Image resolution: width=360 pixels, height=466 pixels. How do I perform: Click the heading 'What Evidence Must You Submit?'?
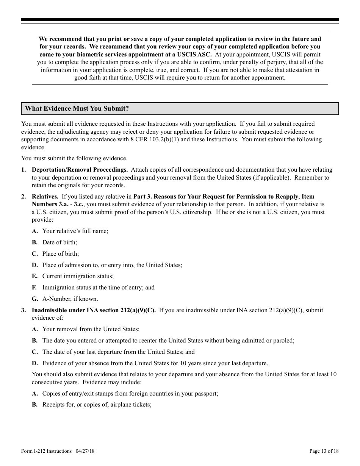point(77,109)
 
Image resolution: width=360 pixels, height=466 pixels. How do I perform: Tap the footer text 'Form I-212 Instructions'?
point(46,451)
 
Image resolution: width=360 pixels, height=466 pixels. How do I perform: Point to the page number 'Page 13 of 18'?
point(324,451)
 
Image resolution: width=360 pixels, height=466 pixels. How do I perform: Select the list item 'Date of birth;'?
point(59,242)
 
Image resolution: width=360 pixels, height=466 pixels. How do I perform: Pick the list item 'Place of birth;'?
point(61,254)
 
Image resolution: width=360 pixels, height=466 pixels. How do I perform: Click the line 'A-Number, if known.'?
point(70,299)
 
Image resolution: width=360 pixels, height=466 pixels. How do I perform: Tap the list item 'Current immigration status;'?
point(78,277)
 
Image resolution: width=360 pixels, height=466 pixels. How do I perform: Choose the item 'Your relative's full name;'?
point(75,231)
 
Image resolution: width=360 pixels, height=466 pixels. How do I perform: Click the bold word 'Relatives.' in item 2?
point(45,197)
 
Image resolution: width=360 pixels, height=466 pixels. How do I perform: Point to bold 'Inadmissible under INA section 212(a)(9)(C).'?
point(94,310)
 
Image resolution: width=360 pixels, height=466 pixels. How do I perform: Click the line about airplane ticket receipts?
point(97,405)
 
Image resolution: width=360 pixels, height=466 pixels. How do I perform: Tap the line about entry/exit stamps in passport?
point(130,394)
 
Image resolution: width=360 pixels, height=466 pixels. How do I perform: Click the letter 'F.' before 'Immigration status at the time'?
point(34,288)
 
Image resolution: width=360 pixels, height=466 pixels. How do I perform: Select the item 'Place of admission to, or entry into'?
point(112,265)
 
